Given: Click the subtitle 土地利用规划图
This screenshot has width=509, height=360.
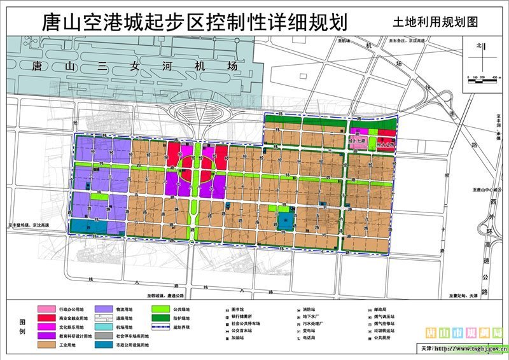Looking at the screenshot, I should (x=435, y=23).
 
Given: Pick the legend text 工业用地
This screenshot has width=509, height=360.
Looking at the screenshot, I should (x=66, y=345).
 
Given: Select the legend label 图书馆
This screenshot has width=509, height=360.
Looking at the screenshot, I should (x=242, y=309).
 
